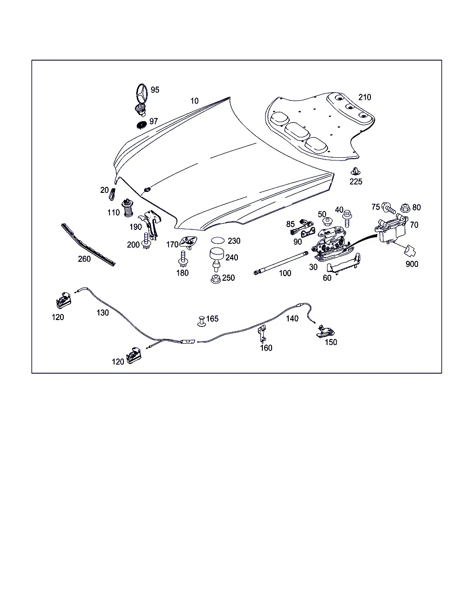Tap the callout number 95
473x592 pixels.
(x=155, y=90)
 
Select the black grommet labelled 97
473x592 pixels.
(x=142, y=125)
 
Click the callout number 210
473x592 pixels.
(x=365, y=97)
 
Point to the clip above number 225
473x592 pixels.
(x=355, y=172)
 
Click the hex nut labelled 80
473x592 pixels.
(x=405, y=208)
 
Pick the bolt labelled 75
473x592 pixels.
(x=388, y=208)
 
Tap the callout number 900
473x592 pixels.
(x=412, y=264)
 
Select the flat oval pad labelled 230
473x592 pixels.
(x=218, y=240)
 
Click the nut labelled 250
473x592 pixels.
(x=216, y=279)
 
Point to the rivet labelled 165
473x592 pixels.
(x=202, y=321)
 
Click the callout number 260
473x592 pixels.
(x=84, y=259)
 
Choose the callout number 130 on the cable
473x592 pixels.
(x=103, y=313)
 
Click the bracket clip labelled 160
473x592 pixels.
(x=262, y=333)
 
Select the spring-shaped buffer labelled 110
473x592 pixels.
(x=127, y=208)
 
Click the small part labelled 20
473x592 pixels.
(x=112, y=194)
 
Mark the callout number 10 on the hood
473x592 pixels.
(x=194, y=101)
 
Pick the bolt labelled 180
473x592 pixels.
(x=183, y=259)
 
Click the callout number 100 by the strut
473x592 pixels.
(x=285, y=273)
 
